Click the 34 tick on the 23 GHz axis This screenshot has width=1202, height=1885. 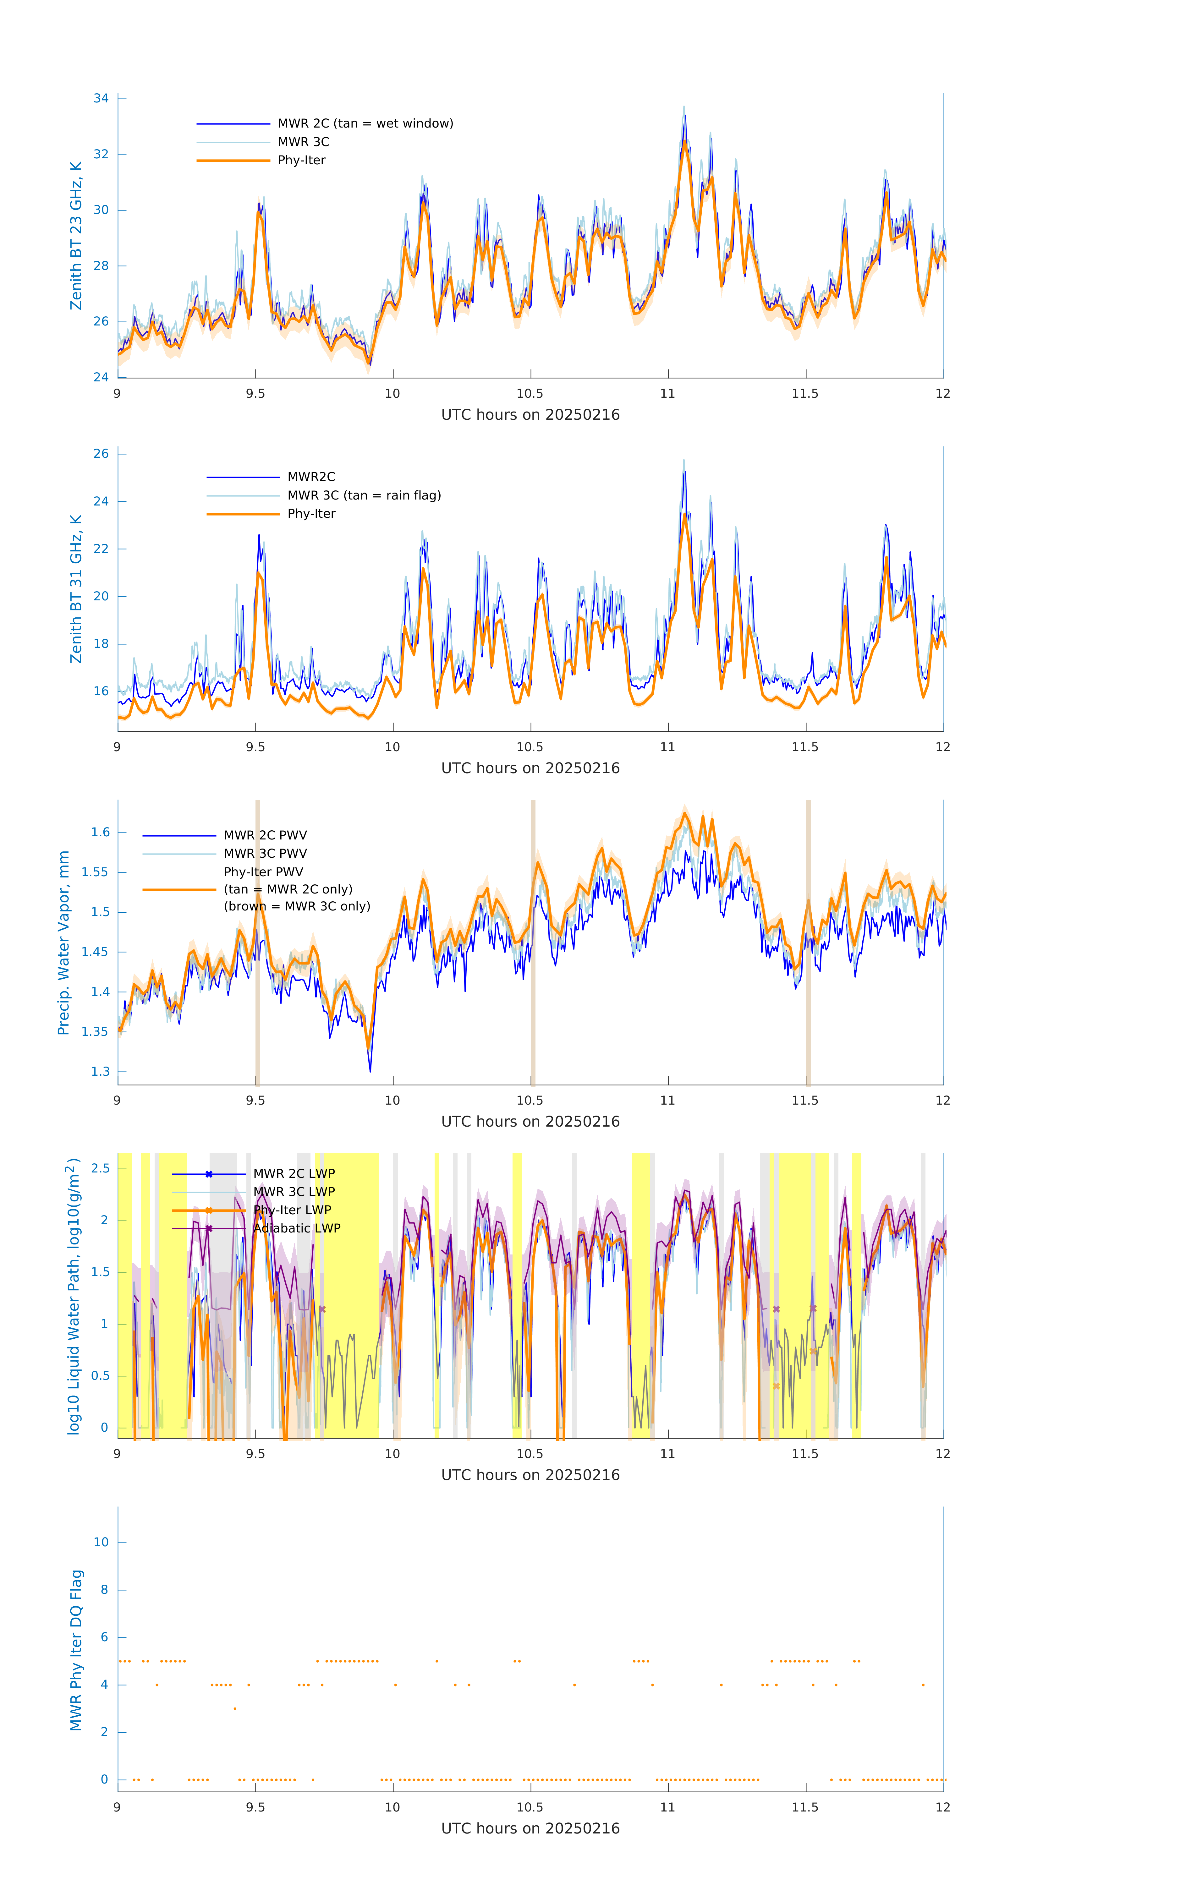[101, 99]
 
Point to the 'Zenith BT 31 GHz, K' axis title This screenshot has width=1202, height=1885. [76, 589]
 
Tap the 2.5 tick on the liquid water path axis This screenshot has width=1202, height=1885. [100, 1168]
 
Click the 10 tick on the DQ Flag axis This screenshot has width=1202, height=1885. [101, 1542]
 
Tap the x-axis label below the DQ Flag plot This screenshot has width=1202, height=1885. [530, 1828]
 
